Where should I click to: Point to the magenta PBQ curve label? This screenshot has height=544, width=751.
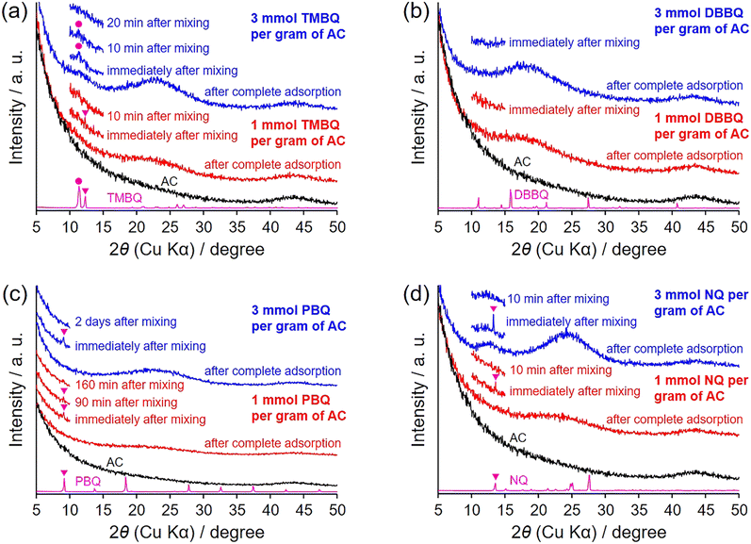(x=88, y=480)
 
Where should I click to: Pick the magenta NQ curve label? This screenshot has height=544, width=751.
(x=518, y=480)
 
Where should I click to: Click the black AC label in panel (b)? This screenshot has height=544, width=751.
(x=523, y=161)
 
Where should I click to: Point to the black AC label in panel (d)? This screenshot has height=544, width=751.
(x=518, y=437)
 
